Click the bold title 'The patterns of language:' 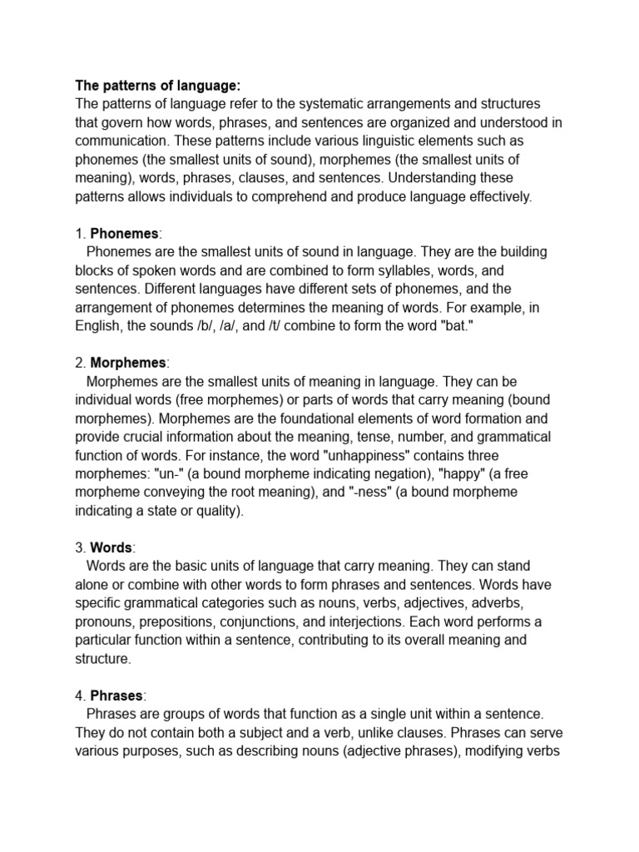point(157,85)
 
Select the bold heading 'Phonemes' point(124,234)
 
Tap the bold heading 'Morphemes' point(129,364)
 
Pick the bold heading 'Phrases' point(117,696)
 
